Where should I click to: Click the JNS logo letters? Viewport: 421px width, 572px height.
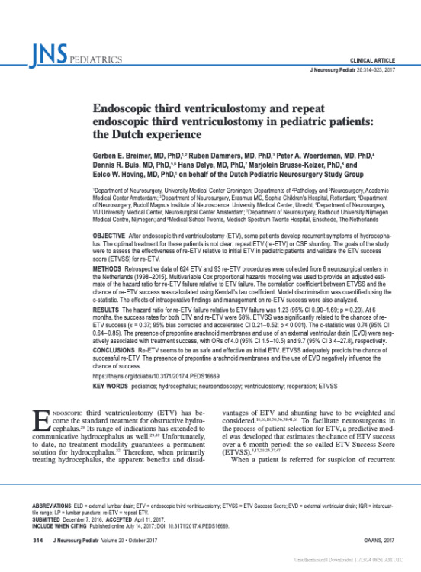click(x=50, y=56)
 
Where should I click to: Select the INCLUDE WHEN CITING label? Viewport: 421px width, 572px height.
click(x=63, y=525)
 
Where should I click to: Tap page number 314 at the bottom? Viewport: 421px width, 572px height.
click(x=36, y=541)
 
